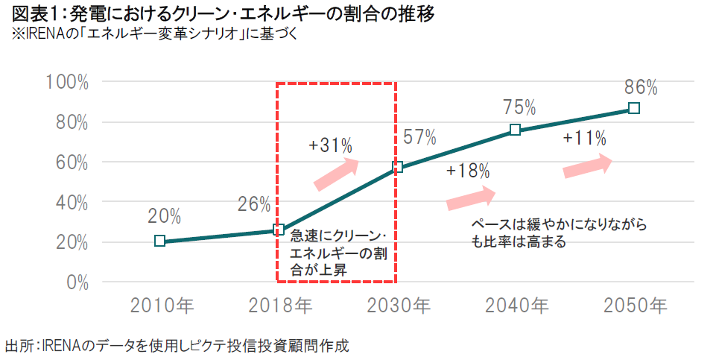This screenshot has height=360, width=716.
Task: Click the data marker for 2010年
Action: click(x=159, y=241)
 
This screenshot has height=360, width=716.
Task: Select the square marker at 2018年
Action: click(x=279, y=230)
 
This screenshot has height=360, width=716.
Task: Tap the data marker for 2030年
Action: click(x=397, y=167)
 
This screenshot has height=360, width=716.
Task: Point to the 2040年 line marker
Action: click(x=515, y=130)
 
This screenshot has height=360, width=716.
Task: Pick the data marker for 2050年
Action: click(x=633, y=108)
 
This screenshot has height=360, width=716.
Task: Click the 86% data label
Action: click(x=641, y=87)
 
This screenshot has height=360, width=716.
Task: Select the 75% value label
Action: click(x=519, y=107)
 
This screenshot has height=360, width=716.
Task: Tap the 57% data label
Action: click(x=419, y=137)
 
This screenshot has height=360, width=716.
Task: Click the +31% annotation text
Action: click(x=330, y=145)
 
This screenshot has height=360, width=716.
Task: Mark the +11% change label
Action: click(x=584, y=138)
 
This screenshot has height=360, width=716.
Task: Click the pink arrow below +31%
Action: click(x=337, y=174)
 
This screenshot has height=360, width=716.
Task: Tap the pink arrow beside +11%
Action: click(x=587, y=165)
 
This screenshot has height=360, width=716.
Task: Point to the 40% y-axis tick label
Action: click(x=72, y=203)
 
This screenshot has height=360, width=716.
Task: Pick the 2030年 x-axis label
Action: click(x=397, y=306)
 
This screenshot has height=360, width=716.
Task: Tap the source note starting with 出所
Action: click(x=177, y=346)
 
